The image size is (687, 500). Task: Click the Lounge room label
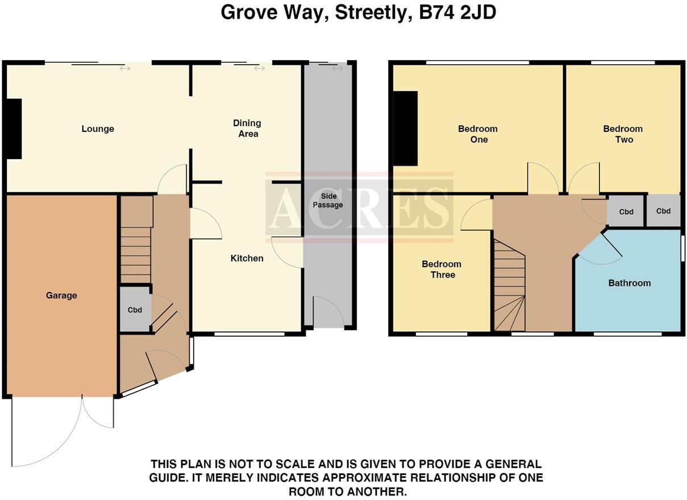tap(98, 129)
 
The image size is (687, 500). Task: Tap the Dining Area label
tap(247, 128)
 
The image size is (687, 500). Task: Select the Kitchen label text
tap(247, 259)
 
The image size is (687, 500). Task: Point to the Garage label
tap(61, 295)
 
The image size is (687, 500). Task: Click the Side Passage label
tap(328, 200)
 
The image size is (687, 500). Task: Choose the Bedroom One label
tap(478, 134)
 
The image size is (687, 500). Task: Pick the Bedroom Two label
tap(623, 134)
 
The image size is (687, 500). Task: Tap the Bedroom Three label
tap(442, 269)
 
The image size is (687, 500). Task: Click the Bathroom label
tap(629, 283)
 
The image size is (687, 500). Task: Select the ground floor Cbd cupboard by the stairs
tap(135, 310)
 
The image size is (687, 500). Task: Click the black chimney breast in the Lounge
tap(14, 129)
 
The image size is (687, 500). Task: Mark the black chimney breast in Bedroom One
tap(405, 128)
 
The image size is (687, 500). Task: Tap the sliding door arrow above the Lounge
tap(125, 69)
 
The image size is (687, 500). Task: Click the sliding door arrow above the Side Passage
tap(338, 69)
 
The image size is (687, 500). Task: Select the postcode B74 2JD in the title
tap(457, 12)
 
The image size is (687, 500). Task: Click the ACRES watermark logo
tap(359, 207)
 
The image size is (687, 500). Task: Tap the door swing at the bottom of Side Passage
tap(329, 312)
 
